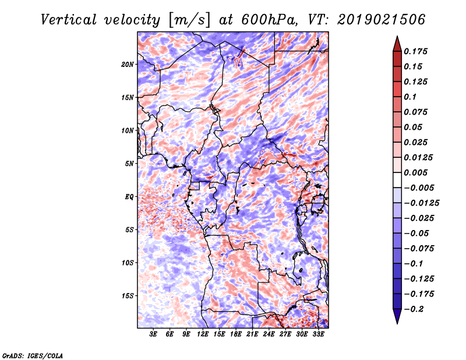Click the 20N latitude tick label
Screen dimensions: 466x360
click(128, 65)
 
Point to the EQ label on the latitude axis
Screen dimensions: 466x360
click(129, 197)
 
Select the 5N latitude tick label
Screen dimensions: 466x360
click(129, 164)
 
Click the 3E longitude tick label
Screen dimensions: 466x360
click(153, 334)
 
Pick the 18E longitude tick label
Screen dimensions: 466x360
click(235, 334)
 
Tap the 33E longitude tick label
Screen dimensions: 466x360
click(318, 334)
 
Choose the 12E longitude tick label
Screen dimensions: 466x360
click(202, 334)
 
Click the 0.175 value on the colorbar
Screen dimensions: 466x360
click(415, 51)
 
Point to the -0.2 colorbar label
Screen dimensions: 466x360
click(414, 309)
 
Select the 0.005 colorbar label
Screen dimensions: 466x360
click(415, 172)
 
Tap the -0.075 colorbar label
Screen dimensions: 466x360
click(419, 249)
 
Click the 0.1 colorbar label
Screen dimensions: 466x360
click(410, 97)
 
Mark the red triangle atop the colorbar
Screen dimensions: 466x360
click(397, 44)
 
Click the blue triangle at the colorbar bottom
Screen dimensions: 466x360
click(397, 316)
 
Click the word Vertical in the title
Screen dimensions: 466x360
click(69, 20)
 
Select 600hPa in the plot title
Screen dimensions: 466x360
click(269, 20)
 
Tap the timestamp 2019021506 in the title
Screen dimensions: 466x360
click(382, 20)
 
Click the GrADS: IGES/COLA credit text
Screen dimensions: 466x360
click(33, 355)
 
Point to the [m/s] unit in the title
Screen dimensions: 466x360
click(189, 20)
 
